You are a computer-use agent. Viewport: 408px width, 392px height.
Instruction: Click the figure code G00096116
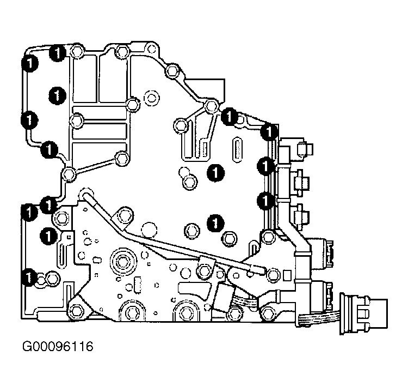58,347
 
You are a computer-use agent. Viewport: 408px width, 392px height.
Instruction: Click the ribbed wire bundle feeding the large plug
319,319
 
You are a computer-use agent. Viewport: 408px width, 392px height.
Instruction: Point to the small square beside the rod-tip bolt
287,275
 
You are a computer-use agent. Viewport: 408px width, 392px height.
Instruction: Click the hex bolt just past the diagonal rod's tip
273,275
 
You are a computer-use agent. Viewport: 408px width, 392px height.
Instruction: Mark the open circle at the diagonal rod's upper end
86,194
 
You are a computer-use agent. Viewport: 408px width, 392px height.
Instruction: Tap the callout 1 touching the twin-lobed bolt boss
29,278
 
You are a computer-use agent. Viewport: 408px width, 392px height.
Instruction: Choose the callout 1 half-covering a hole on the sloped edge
228,116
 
